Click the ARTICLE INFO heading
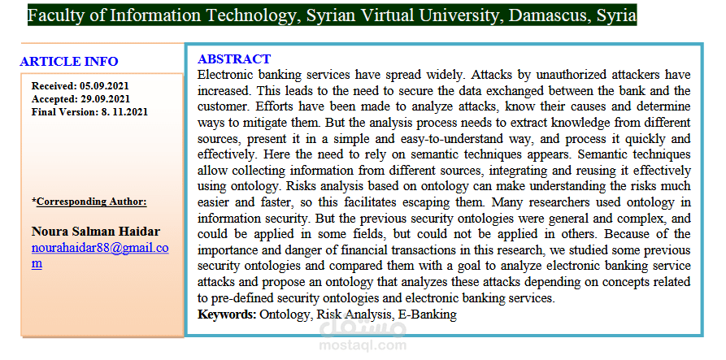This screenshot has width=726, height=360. click(x=69, y=61)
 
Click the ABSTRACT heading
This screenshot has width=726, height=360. click(x=234, y=59)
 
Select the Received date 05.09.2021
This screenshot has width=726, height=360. click(x=104, y=85)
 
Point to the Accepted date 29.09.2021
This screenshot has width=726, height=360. click(x=104, y=98)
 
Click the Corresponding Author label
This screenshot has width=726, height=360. click(x=91, y=201)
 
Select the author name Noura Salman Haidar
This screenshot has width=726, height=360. click(x=95, y=232)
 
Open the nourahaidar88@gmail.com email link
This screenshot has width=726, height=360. click(x=99, y=248)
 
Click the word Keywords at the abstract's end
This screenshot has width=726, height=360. click(x=227, y=314)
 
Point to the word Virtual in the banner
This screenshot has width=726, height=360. click(x=396, y=15)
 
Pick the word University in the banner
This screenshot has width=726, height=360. click(x=467, y=15)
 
